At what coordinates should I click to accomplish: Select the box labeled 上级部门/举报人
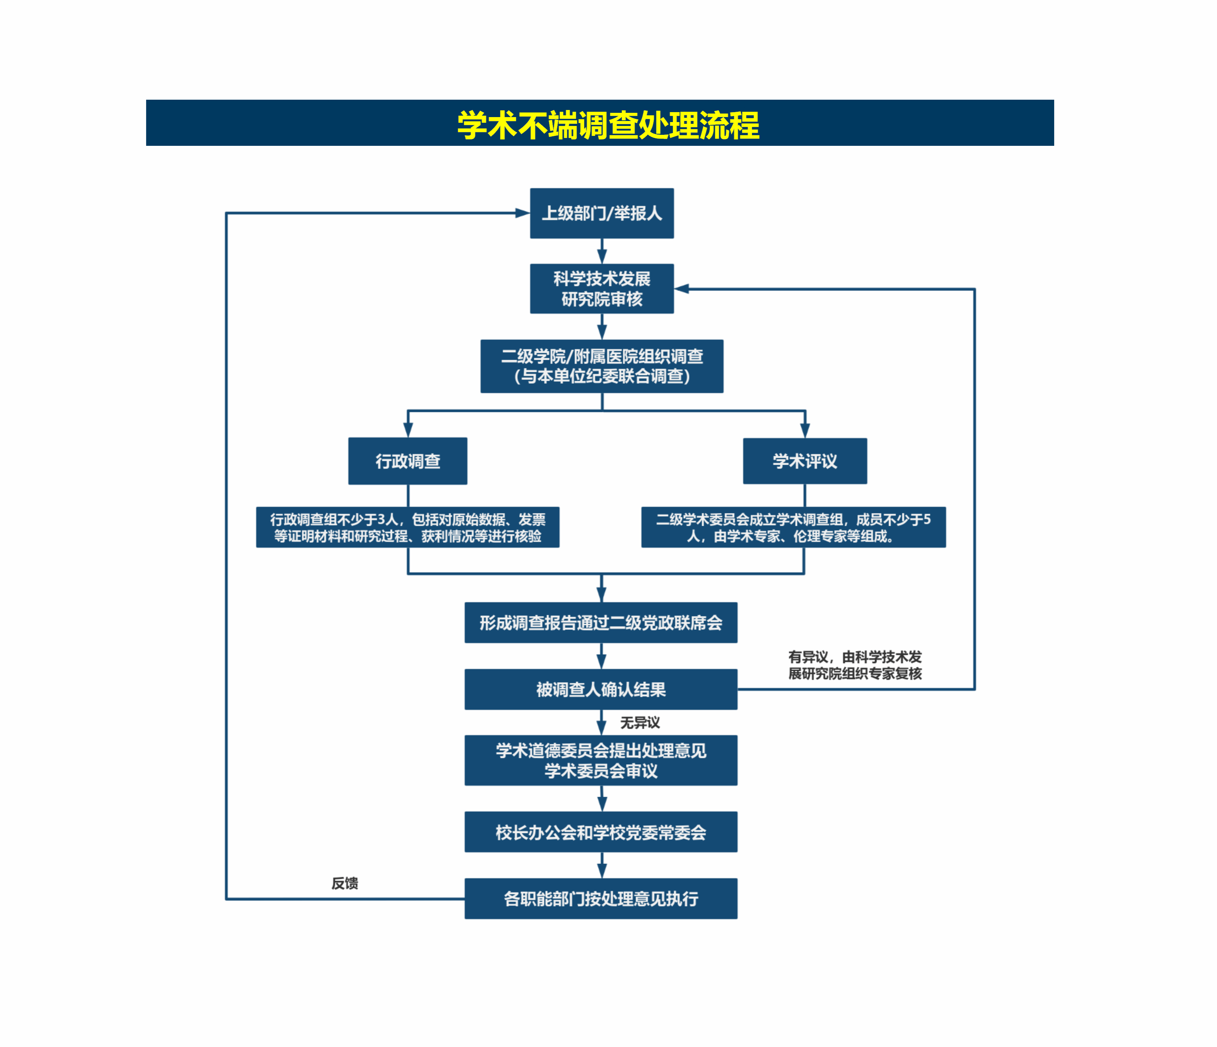click(601, 213)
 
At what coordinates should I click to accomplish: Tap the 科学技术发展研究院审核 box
click(601, 288)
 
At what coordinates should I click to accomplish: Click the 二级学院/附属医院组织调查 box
click(601, 366)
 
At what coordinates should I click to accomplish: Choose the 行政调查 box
click(408, 461)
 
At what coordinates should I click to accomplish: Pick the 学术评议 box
click(805, 461)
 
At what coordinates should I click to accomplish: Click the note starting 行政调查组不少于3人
click(408, 527)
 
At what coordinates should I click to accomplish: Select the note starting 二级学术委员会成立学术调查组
click(793, 527)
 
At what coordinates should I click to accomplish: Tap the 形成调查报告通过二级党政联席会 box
click(601, 622)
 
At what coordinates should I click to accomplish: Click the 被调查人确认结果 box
click(601, 689)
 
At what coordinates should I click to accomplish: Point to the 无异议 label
click(640, 723)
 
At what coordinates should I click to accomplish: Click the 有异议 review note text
click(855, 665)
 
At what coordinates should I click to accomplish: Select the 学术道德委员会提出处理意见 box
click(601, 760)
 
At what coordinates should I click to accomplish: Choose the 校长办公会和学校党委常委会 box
click(601, 832)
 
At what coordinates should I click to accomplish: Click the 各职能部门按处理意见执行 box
click(601, 898)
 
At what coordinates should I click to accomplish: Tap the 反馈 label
click(345, 883)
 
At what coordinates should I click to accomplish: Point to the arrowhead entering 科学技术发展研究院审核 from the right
click(682, 289)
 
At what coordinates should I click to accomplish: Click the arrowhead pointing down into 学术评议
click(805, 430)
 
